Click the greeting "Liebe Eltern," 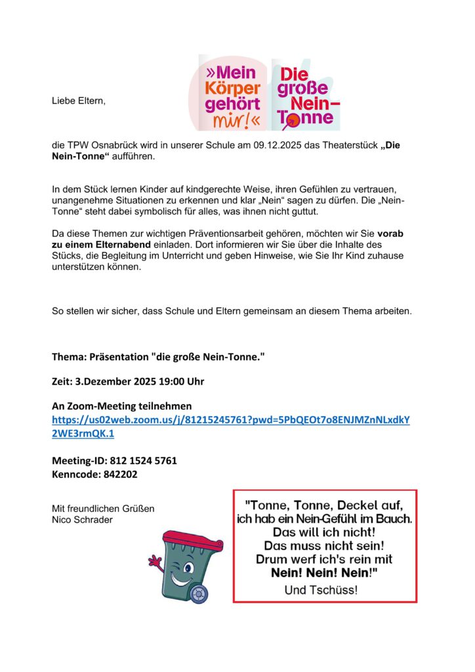(78, 102)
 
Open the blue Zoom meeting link (230, 426)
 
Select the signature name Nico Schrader (82, 520)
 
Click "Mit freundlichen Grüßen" (103, 509)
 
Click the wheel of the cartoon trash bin (197, 593)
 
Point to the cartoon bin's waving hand (155, 562)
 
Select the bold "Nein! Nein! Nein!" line (324, 573)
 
